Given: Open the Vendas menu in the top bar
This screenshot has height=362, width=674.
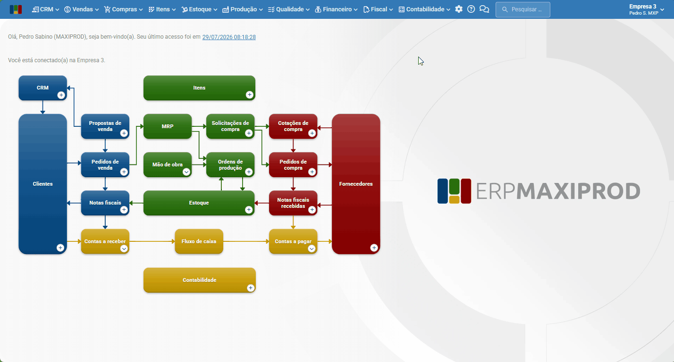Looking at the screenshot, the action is click(82, 9).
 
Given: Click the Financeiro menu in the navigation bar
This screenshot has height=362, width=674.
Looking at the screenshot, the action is click(337, 9).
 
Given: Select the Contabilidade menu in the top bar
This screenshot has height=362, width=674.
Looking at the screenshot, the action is click(424, 9).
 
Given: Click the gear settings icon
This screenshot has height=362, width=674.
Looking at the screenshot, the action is click(459, 9).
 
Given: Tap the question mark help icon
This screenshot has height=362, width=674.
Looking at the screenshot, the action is click(471, 9).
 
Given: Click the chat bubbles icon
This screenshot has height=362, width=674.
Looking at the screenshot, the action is click(484, 9).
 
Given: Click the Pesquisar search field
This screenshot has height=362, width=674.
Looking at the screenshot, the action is click(523, 9).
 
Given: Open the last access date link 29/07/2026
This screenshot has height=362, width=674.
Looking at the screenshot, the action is click(229, 37).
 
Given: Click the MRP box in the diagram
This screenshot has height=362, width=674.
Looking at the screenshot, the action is click(168, 126).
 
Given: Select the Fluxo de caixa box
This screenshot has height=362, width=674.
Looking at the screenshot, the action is click(199, 241).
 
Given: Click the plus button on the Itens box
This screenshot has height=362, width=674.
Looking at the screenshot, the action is click(249, 95).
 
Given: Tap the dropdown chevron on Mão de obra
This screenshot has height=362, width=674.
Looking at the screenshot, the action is click(186, 172).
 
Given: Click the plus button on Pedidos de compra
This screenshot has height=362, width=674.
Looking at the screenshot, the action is click(312, 172).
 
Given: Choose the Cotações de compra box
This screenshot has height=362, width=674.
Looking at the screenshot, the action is click(293, 126).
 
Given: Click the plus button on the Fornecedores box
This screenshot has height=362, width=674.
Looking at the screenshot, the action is click(374, 248).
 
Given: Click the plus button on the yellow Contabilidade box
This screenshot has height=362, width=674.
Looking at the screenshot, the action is click(250, 288).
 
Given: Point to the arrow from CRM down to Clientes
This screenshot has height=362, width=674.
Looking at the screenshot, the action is click(43, 107).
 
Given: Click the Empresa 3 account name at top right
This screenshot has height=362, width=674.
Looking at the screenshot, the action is click(643, 6).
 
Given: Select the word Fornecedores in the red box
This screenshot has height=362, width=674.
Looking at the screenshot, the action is click(356, 184).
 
